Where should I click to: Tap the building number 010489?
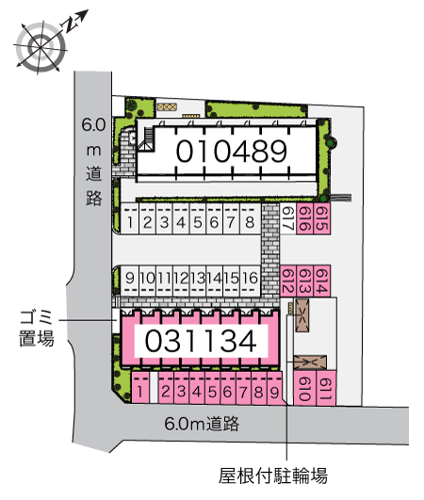click(232, 152)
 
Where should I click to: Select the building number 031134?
click(201, 341)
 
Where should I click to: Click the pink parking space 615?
click(321, 218)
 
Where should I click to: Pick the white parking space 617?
click(288, 218)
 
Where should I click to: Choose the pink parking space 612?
click(288, 281)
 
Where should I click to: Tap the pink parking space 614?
click(321, 281)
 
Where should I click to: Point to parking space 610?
click(304, 388)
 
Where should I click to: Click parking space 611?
click(326, 388)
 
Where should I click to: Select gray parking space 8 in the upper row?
click(250, 218)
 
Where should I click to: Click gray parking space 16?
click(250, 281)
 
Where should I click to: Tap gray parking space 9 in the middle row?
click(129, 281)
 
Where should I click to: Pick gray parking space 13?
click(198, 281)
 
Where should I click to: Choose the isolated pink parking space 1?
click(140, 387)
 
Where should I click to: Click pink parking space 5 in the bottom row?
click(213, 387)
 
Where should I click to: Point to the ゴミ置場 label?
click(37, 328)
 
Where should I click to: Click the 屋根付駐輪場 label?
click(273, 476)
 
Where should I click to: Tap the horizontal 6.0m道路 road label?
click(202, 424)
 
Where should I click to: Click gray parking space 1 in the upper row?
click(129, 218)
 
